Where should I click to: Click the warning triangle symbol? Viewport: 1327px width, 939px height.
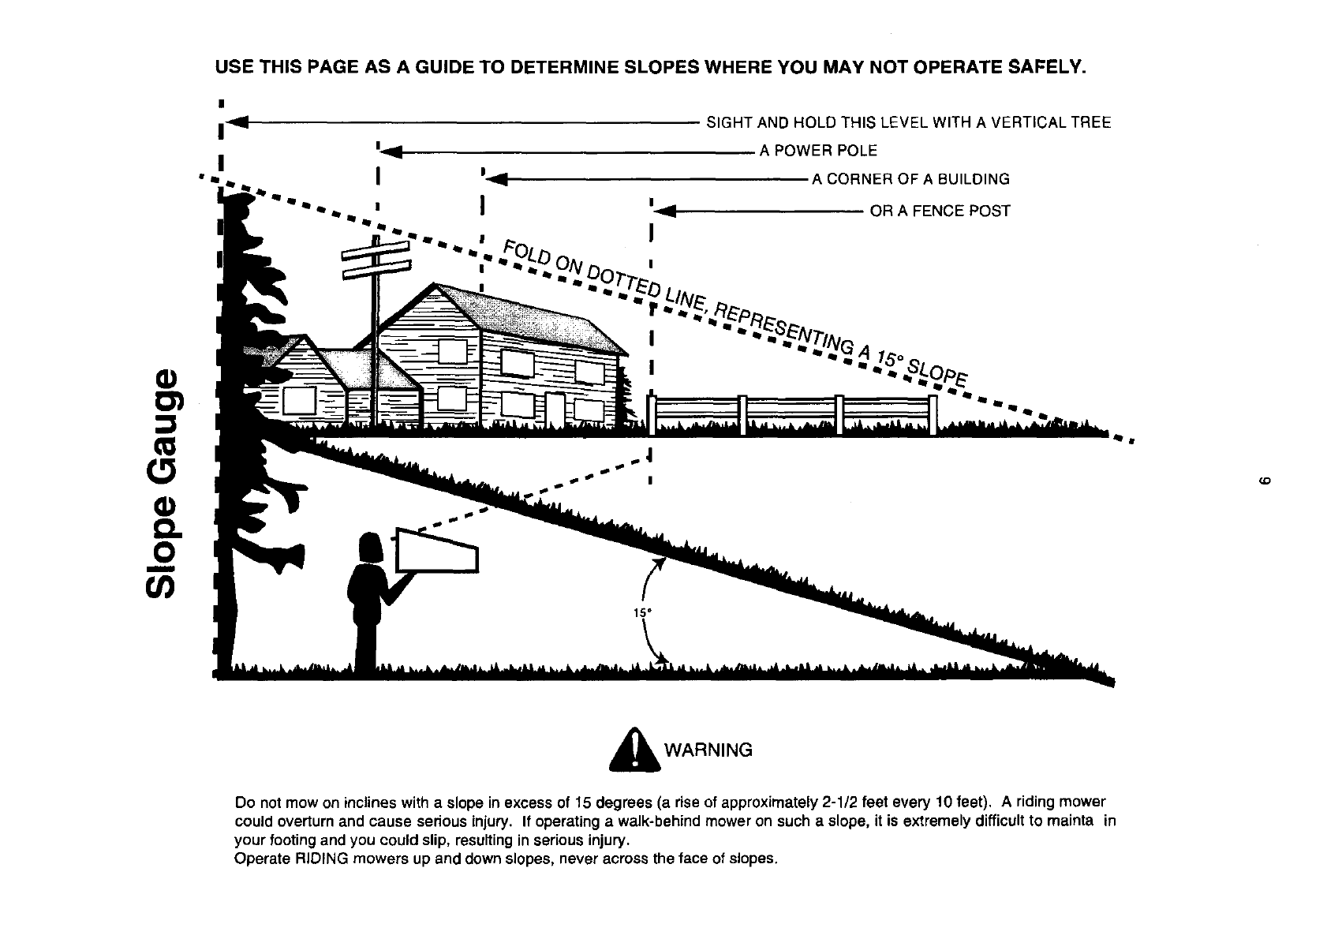point(634,750)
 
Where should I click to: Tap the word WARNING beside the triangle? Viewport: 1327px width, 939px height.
point(709,750)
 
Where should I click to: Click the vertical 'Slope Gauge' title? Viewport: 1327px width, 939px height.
point(164,483)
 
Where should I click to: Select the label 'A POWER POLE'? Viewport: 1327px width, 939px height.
point(818,151)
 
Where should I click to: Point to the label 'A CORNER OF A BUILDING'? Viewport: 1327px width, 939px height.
point(910,179)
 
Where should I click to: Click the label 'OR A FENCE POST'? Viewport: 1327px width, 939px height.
point(940,211)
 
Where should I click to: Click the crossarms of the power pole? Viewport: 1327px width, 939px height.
point(376,257)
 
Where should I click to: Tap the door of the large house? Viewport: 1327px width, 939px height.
point(556,409)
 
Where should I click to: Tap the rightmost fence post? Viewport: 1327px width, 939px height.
point(933,415)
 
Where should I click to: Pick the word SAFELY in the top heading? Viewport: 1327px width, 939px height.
point(1048,68)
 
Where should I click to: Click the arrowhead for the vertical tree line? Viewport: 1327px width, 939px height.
point(237,122)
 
